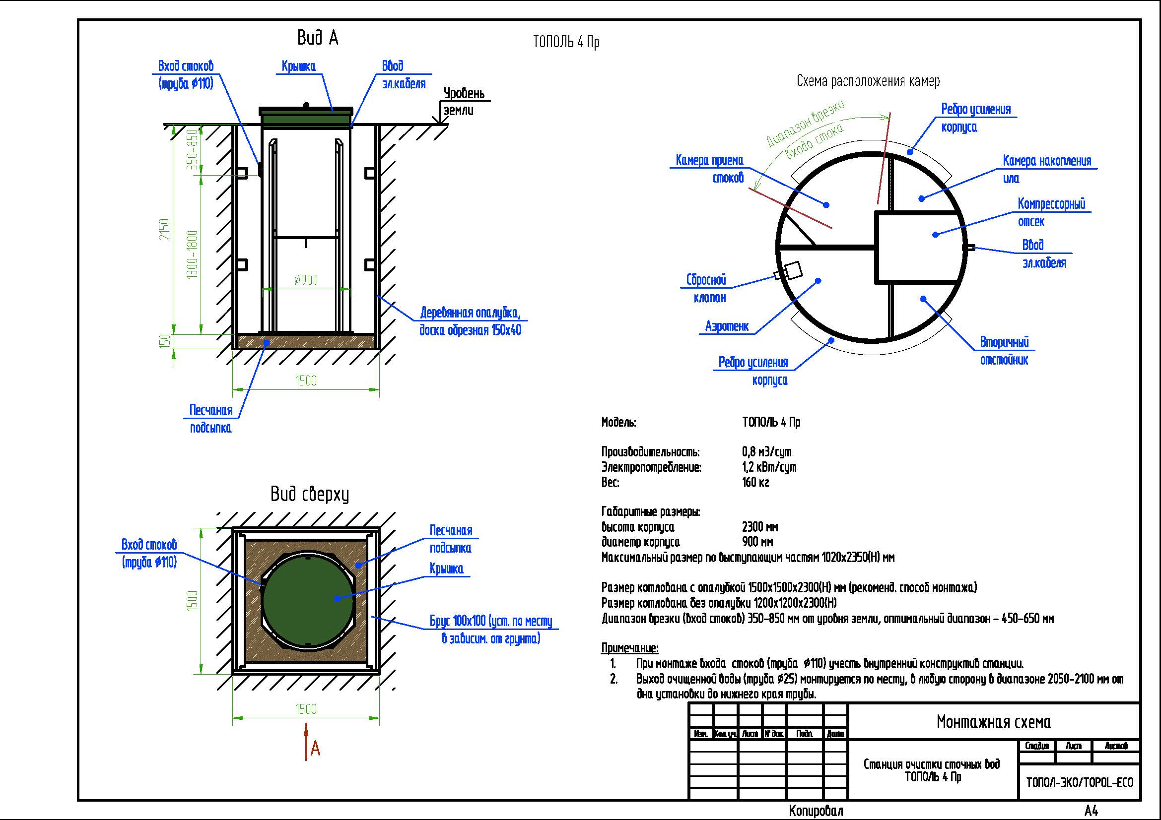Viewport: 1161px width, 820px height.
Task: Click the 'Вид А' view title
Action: click(x=317, y=38)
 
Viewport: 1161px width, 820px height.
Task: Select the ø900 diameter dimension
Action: click(x=306, y=280)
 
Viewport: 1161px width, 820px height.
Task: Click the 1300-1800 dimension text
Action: click(x=193, y=254)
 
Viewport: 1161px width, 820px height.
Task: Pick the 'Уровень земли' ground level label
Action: click(x=463, y=102)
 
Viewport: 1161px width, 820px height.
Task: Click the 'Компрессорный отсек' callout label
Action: click(x=1051, y=213)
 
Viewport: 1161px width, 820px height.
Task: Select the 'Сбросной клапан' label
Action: click(x=706, y=289)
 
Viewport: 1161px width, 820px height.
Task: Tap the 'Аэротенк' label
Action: click(x=727, y=326)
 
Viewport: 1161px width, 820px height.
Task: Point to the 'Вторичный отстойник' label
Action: click(x=1004, y=351)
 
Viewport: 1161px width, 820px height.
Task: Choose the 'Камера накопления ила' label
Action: click(x=1047, y=169)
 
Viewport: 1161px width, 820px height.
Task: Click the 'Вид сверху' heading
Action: click(x=309, y=494)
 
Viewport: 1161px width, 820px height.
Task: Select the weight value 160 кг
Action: click(x=755, y=483)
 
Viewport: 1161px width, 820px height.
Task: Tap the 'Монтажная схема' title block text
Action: click(x=994, y=722)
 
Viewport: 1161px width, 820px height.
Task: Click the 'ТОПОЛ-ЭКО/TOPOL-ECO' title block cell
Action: click(x=1080, y=783)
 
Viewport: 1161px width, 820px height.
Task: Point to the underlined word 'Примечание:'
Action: click(x=629, y=648)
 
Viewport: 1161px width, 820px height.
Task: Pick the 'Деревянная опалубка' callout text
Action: click(x=470, y=322)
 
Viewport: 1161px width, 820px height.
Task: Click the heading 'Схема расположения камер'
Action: click(x=868, y=81)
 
